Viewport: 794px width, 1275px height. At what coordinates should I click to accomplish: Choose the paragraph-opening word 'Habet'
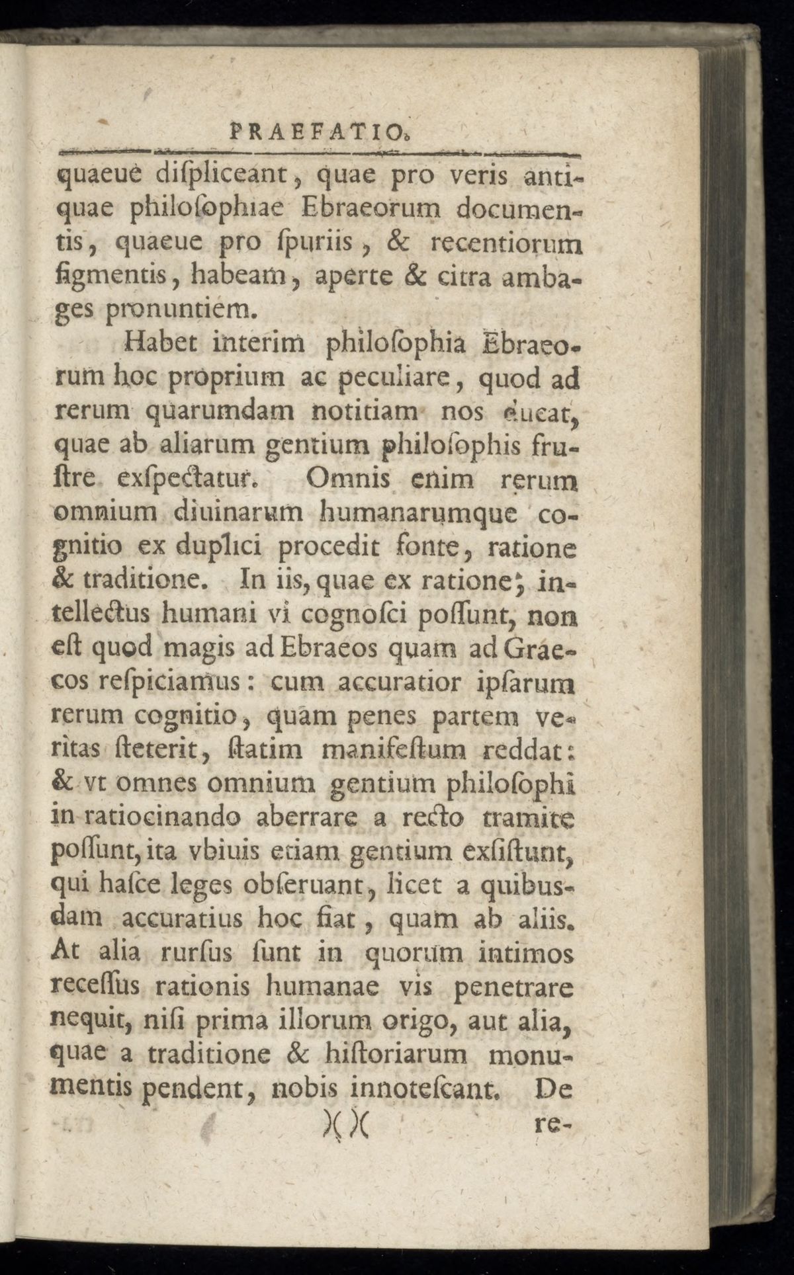[x=155, y=345]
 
